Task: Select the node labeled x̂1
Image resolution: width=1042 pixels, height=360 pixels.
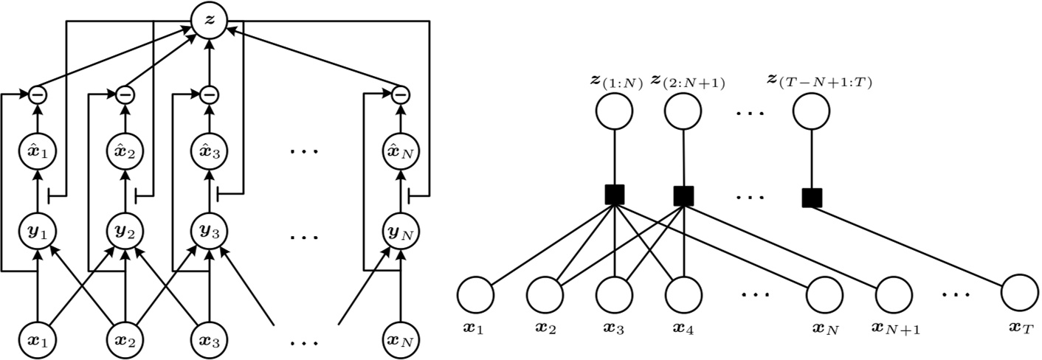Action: pyautogui.click(x=37, y=153)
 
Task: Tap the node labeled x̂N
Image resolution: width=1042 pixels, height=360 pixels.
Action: pyautogui.click(x=400, y=153)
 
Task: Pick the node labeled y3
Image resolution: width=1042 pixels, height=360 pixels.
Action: pyautogui.click(x=210, y=232)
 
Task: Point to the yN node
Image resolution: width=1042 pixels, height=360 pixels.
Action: pyautogui.click(x=400, y=232)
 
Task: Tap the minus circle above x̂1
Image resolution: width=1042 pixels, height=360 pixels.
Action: pyautogui.click(x=37, y=95)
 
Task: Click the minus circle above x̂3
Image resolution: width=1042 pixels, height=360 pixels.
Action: pyautogui.click(x=210, y=95)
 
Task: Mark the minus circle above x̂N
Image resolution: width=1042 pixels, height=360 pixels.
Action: pyautogui.click(x=400, y=95)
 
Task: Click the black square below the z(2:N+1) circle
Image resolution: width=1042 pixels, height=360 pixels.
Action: pyautogui.click(x=683, y=195)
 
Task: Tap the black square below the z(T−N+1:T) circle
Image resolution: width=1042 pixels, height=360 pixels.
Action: pyautogui.click(x=812, y=197)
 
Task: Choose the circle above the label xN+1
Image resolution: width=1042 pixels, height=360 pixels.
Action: pyautogui.click(x=893, y=297)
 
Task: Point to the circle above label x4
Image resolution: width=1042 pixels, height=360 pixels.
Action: pyautogui.click(x=683, y=297)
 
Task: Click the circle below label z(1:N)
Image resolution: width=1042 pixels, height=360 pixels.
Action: pyautogui.click(x=614, y=112)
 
